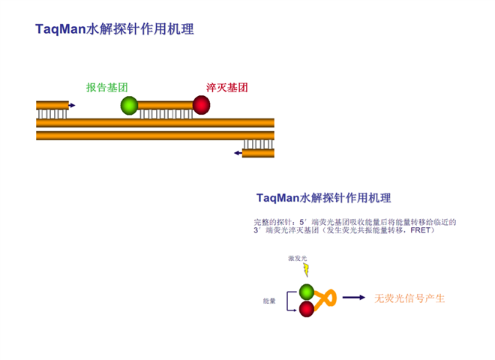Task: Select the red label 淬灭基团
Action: pos(226,87)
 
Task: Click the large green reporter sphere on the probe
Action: pos(129,106)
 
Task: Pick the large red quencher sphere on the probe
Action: pos(201,105)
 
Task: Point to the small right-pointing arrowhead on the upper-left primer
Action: pos(72,106)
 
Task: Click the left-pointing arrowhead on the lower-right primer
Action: pos(237,153)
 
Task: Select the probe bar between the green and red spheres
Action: pos(165,106)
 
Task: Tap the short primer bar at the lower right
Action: pos(258,153)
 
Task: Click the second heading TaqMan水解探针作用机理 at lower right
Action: pos(323,198)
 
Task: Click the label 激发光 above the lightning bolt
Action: pos(297,259)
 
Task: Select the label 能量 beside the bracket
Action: pos(269,301)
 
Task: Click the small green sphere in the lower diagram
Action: pos(307,292)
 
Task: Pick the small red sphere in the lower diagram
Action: pos(307,308)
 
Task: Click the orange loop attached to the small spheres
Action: pos(326,300)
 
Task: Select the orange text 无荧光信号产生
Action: pos(409,298)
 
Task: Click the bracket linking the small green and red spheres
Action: pos(287,300)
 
